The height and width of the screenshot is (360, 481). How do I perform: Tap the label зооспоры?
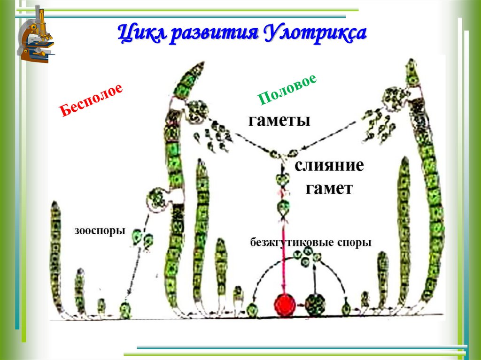click(x=100, y=231)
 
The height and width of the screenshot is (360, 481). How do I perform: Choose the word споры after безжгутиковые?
click(x=354, y=243)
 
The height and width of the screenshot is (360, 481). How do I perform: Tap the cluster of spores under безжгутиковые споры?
click(x=307, y=256)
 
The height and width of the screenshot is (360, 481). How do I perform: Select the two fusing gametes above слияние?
click(x=284, y=153)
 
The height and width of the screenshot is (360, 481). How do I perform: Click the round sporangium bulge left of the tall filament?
click(x=156, y=198)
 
